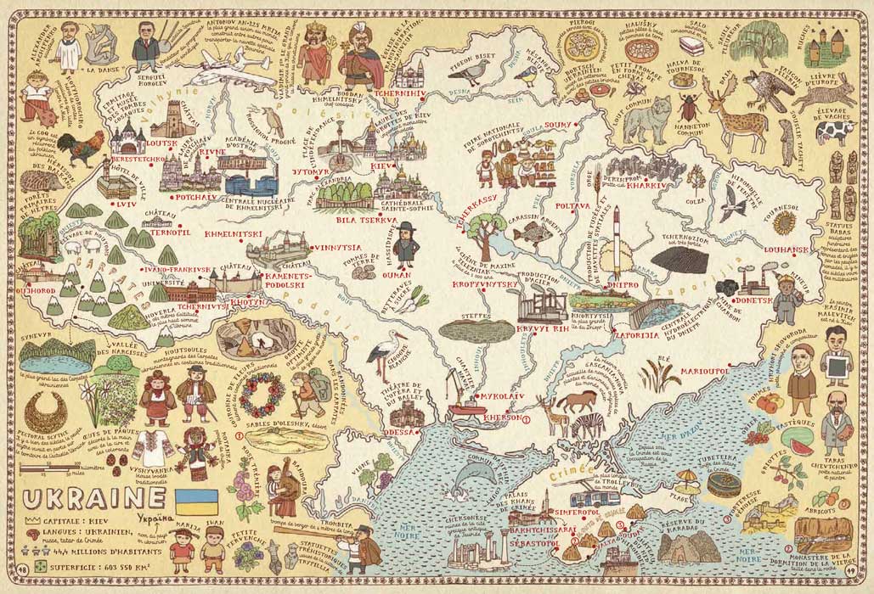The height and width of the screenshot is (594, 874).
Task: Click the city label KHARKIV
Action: [640, 182]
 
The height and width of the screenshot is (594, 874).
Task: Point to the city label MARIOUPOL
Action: [700, 371]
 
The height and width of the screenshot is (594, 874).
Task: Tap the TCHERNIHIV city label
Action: [398, 95]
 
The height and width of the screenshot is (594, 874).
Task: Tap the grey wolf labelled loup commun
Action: [646, 119]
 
